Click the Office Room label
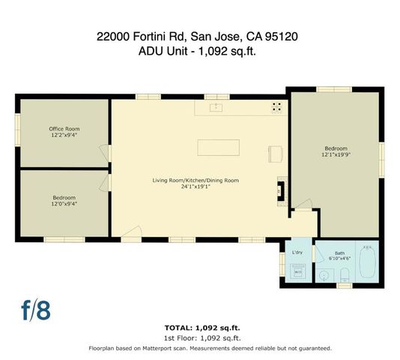point(64,129)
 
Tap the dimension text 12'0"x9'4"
point(64,203)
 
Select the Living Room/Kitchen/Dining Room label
point(196,181)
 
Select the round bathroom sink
point(323,276)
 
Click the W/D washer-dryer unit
point(297,273)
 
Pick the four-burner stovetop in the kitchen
point(276,106)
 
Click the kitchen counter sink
point(216,108)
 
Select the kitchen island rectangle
point(218,146)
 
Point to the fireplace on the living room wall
point(281,189)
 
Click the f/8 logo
point(35,310)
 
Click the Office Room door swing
point(105,154)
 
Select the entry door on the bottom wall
point(131,235)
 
